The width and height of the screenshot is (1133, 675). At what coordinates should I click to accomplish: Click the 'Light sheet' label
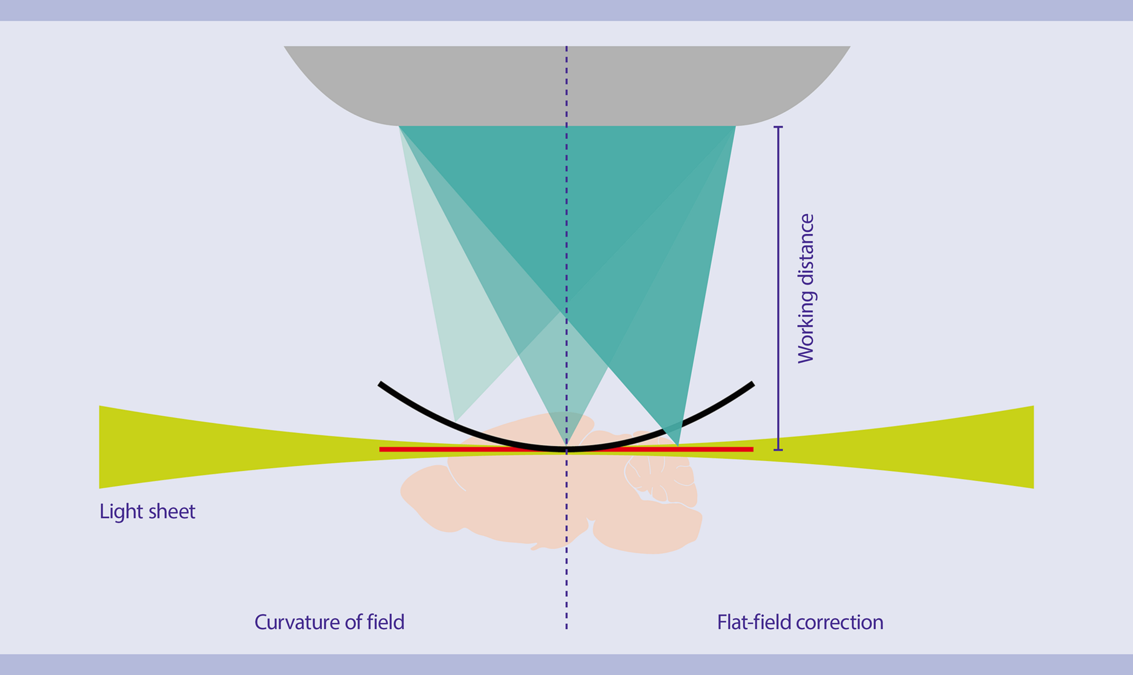point(147,511)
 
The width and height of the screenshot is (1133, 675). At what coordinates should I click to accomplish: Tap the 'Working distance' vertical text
point(806,288)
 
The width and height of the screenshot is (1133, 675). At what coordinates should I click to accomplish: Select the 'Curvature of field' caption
point(329,622)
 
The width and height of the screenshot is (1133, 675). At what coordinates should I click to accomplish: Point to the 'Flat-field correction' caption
point(800,622)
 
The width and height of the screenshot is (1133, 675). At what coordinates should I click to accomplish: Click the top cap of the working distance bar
point(778,127)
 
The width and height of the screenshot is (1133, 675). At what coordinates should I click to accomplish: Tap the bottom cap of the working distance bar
point(778,449)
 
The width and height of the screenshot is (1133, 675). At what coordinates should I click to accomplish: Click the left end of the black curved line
point(381,384)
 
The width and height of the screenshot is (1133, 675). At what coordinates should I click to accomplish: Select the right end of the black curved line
point(752,384)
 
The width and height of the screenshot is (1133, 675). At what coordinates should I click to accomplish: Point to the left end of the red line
point(381,449)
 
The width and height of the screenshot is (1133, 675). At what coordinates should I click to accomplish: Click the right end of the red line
point(751,449)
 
